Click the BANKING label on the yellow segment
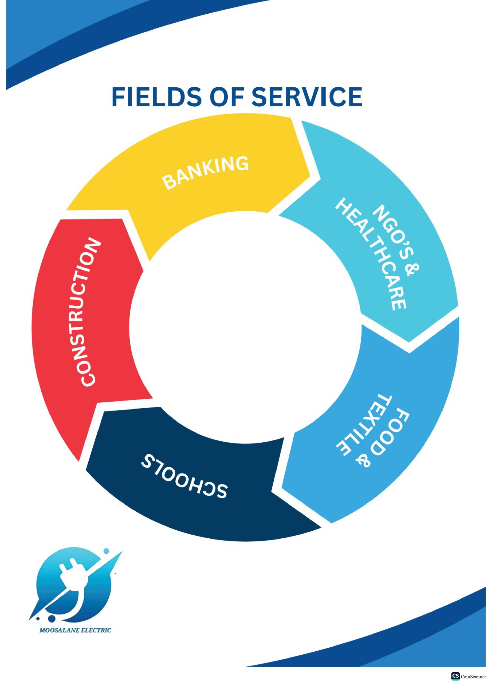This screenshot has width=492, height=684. click(206, 173)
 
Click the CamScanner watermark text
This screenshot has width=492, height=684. click(473, 677)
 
